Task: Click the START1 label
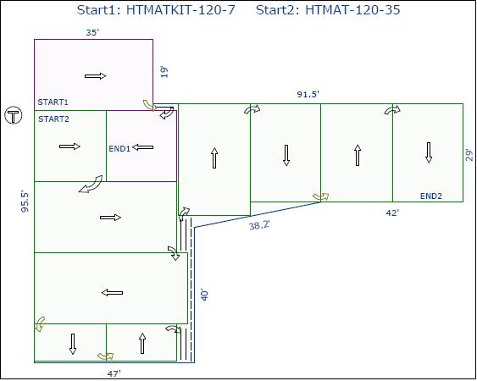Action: coord(53,102)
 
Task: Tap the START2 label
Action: coord(53,119)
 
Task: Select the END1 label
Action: coord(119,149)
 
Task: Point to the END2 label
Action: coord(431,196)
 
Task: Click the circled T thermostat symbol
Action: coord(14,115)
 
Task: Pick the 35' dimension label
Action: coord(92,32)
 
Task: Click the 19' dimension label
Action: coord(164,72)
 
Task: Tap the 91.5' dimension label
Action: coord(308,94)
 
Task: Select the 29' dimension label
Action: coord(470,155)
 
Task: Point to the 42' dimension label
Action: coord(392,213)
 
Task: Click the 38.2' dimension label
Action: coord(259,225)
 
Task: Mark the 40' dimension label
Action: coord(205,295)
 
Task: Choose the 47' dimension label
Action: coord(114,373)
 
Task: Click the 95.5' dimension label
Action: coord(25,202)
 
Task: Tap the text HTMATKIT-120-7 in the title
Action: coord(180,10)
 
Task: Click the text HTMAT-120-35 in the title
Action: coord(352,10)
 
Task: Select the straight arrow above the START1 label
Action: coord(95,76)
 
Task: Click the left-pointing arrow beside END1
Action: coord(143,147)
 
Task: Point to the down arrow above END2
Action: coord(429,152)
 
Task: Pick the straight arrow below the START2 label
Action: coord(69,146)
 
